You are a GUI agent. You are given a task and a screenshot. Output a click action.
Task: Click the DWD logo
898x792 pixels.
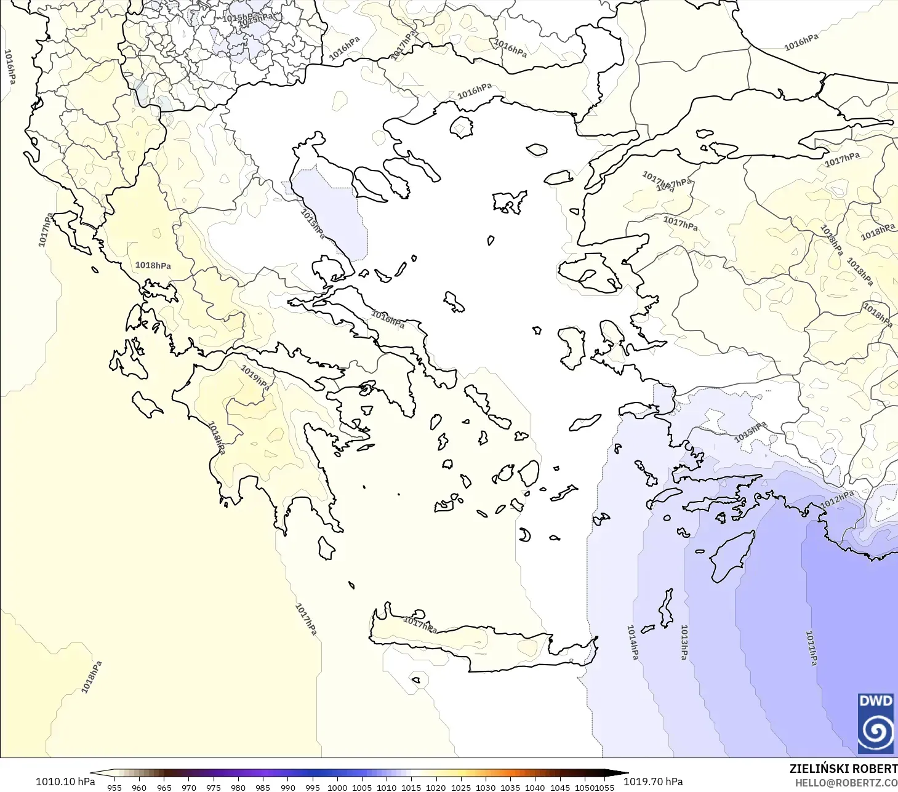(875, 723)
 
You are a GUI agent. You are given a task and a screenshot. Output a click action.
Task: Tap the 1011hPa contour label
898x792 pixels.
(812, 648)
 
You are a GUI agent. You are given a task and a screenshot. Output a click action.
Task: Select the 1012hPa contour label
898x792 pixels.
(837, 500)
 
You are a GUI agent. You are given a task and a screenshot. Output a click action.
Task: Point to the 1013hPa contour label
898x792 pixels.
(684, 642)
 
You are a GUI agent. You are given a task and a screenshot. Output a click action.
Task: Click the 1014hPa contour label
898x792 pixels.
(632, 642)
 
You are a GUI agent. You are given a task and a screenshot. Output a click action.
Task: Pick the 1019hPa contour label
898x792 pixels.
(255, 377)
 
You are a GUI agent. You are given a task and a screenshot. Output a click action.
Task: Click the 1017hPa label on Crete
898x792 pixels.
(420, 625)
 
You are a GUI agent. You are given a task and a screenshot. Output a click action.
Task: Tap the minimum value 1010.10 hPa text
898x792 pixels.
(65, 782)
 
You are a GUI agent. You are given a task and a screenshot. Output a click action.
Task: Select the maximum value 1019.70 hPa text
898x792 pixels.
(653, 782)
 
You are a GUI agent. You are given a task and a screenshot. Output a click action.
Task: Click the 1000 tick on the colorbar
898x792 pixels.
(337, 788)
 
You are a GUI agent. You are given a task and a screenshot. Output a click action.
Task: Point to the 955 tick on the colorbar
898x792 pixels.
(114, 788)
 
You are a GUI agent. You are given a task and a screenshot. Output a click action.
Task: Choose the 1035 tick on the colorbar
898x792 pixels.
(510, 788)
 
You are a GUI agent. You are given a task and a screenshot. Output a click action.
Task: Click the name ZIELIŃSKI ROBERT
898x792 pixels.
(843, 769)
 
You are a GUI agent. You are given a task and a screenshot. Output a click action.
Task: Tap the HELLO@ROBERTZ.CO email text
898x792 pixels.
(846, 783)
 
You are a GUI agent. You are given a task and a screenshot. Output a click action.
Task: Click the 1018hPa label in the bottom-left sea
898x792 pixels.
(92, 677)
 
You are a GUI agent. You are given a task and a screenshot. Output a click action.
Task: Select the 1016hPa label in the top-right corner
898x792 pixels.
(801, 42)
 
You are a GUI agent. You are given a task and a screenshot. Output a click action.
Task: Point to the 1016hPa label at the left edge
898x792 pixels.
(10, 67)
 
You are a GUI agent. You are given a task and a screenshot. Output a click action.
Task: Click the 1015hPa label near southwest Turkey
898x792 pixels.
(750, 432)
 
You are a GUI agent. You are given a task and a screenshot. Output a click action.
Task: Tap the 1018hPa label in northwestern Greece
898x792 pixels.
(153, 265)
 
